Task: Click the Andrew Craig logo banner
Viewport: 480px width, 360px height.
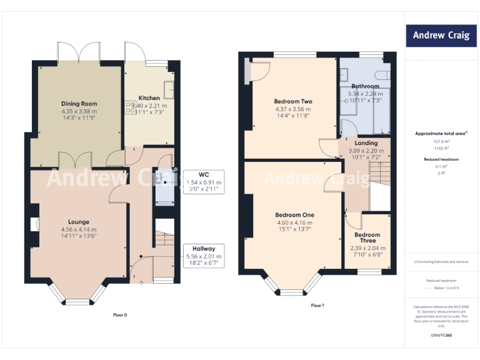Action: [x=441, y=36]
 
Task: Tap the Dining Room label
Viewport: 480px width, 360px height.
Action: [x=79, y=104]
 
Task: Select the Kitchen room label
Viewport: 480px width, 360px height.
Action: [x=149, y=98]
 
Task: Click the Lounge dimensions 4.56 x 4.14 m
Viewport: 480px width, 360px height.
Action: [x=79, y=229]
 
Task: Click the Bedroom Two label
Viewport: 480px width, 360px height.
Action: [x=292, y=101]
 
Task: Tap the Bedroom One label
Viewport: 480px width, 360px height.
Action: [x=294, y=215]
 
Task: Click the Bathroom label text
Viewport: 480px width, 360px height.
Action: [x=365, y=86]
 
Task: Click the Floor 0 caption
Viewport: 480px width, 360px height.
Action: [x=120, y=315]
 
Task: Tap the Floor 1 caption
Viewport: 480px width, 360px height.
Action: [x=317, y=306]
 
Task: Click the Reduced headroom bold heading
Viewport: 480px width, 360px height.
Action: [x=441, y=159]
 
